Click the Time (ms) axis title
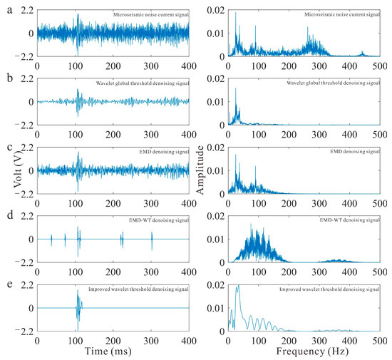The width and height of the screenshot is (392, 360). [113, 352]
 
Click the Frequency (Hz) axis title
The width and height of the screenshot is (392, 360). [293, 352]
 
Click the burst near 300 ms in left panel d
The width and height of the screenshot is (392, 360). [151, 241]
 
